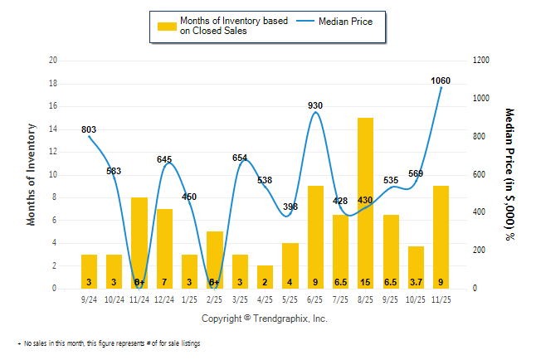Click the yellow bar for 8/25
365,203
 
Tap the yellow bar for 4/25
266,276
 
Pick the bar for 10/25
416,267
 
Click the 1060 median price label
441,80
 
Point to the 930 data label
315,105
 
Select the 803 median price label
90,129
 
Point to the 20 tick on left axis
54,61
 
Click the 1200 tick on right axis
482,61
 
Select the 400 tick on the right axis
480,212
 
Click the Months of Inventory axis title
32,174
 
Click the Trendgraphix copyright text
265,319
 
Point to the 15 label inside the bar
365,281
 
